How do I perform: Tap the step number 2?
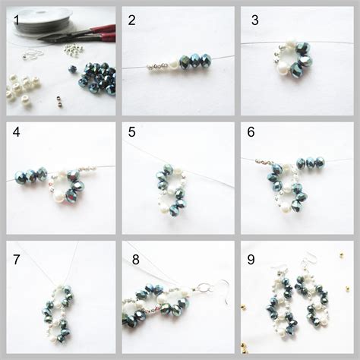pyautogui.click(x=132, y=20)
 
